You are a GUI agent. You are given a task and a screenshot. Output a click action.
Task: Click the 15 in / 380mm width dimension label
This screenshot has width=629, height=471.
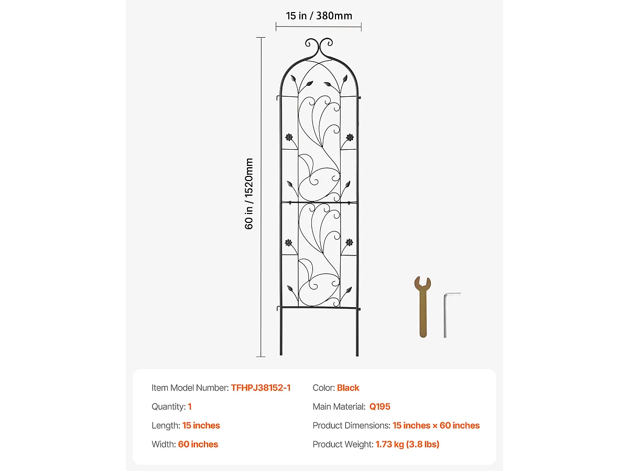319,16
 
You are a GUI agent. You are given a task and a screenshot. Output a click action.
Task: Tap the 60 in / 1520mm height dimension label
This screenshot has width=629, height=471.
250,194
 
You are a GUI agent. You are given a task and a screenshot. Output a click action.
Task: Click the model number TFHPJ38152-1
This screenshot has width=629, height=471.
261,388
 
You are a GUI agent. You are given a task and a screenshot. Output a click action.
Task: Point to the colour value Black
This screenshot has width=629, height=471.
348,388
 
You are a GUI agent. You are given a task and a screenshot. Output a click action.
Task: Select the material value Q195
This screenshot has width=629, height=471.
379,407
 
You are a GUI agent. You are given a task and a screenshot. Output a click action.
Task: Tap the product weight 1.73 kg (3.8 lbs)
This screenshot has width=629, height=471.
407,444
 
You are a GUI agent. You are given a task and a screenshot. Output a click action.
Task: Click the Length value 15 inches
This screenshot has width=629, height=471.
201,425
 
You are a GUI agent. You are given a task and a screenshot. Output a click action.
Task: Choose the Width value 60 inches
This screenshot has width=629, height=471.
198,444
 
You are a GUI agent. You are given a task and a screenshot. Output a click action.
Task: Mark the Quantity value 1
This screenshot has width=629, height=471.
190,407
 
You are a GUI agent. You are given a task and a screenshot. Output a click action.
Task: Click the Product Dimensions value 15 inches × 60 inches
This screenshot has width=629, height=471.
436,425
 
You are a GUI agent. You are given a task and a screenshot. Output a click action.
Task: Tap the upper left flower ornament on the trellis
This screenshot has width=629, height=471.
288,137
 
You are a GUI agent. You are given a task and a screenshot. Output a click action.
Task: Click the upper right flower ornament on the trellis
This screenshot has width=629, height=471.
350,137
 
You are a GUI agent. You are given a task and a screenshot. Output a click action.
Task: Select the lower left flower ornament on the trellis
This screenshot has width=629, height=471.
288,243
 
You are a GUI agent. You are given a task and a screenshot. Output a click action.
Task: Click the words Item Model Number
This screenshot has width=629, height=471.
190,388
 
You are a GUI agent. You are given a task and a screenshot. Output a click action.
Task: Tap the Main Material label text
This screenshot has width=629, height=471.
339,407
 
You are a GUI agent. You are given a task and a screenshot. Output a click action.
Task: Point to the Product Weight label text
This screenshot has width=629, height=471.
343,444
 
